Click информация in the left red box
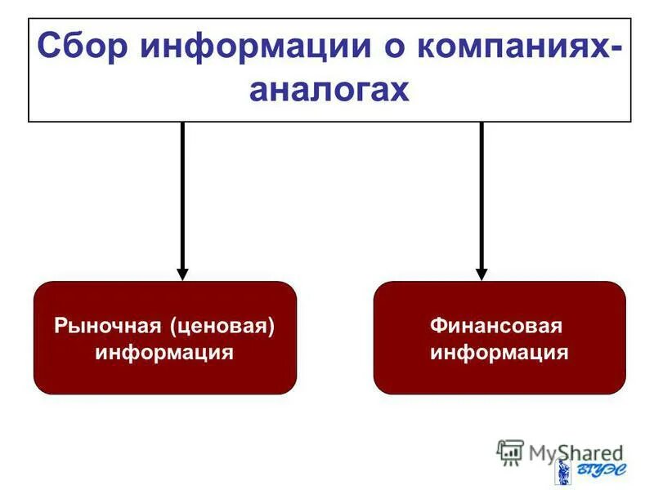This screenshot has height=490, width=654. click(164, 353)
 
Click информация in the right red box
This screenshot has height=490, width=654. click(499, 353)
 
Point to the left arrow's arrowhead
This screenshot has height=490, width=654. click(182, 274)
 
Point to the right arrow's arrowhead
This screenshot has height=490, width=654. click(482, 274)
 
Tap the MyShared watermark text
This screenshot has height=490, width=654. click(576, 452)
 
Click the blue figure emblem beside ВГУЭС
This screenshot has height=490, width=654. click(563, 472)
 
